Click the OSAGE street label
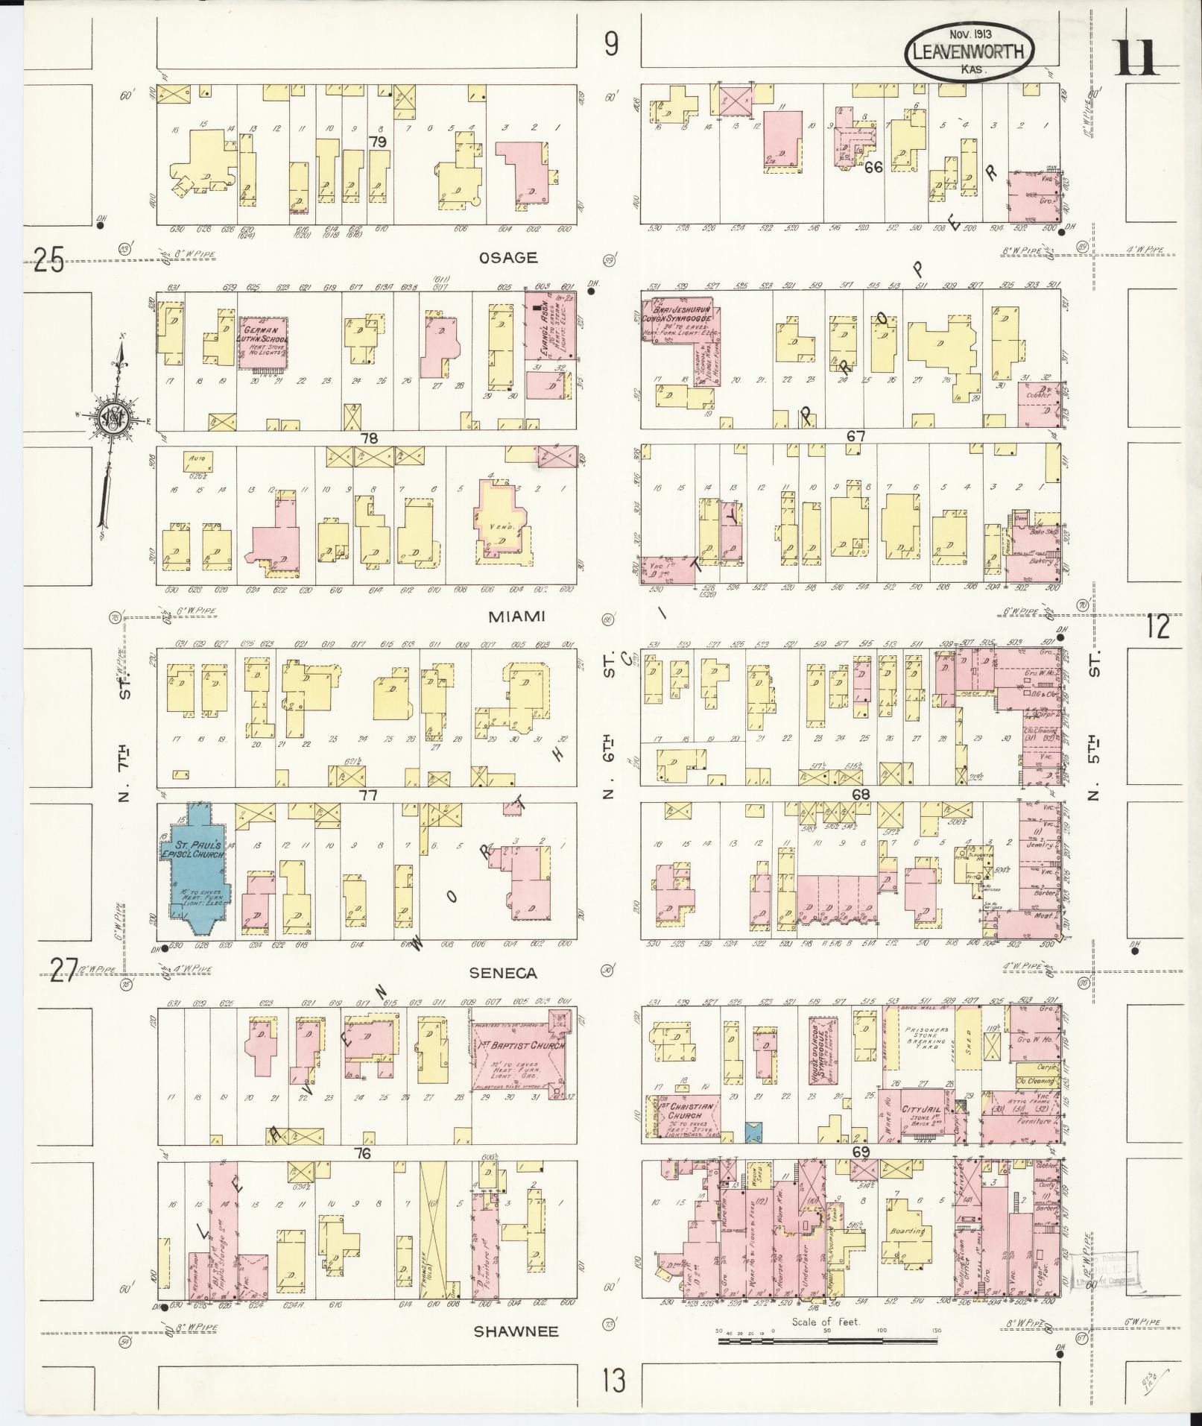508,258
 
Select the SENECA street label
503,973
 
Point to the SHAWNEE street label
516,1331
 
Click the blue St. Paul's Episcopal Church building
195,868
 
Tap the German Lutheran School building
264,344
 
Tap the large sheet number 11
1136,58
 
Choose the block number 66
873,167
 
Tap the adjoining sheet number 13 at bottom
613,1382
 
